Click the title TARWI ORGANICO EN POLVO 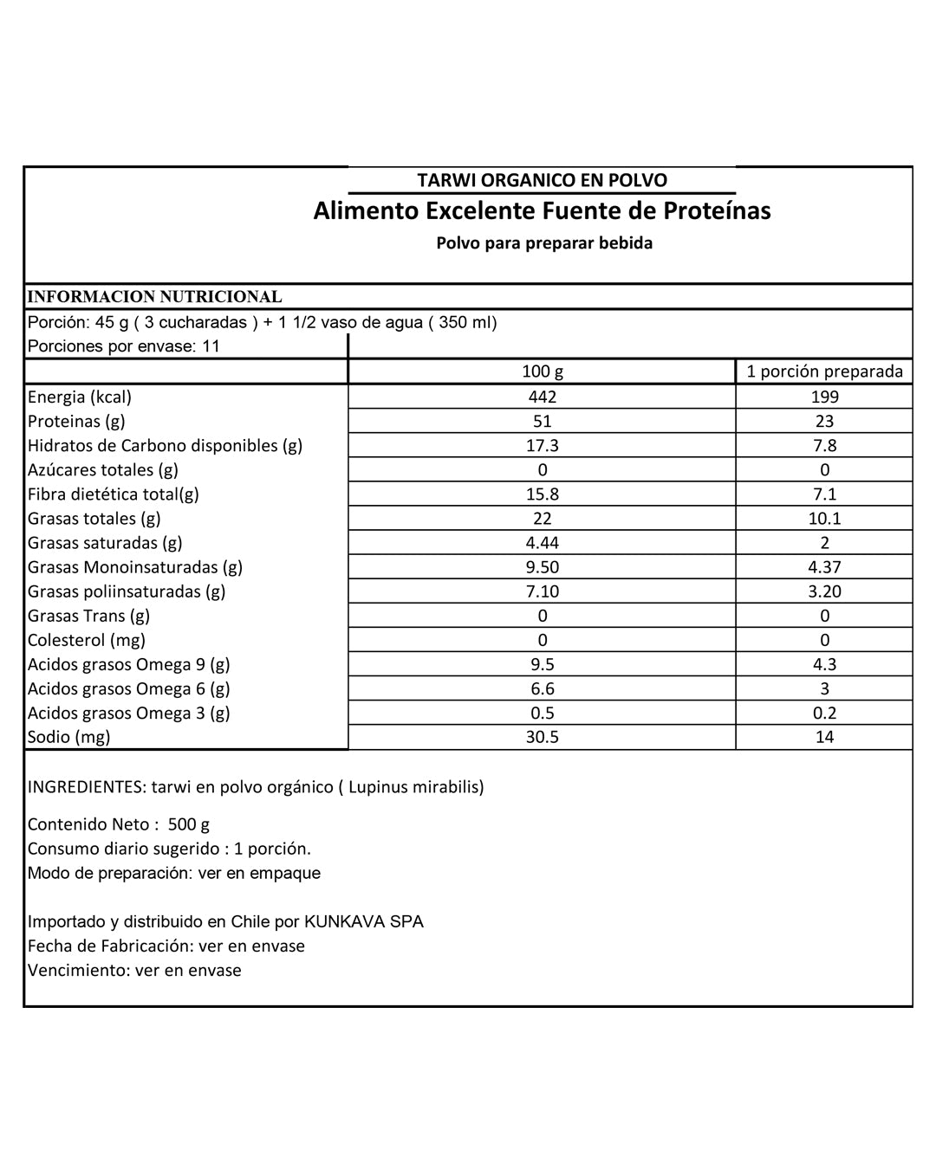542,180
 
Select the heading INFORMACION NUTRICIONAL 155,296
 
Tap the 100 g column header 543,371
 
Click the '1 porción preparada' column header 824,371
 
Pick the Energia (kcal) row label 80,397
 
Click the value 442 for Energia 543,397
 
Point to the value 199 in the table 824,397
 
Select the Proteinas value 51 543,421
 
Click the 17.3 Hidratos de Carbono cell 543,445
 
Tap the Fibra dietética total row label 114,494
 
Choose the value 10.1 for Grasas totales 824,518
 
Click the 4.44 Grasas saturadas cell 543,542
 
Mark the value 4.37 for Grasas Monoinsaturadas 824,566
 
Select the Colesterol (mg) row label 87,640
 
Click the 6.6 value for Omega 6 543,688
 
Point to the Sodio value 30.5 543,737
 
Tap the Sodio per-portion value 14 824,737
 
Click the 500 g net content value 189,824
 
